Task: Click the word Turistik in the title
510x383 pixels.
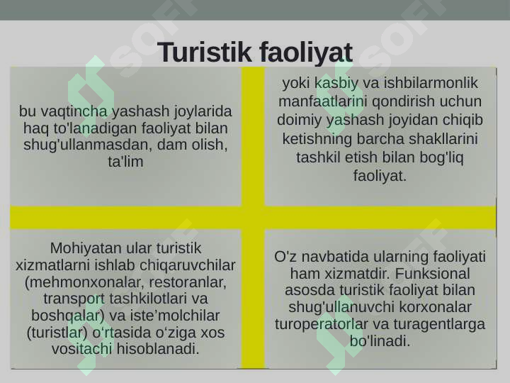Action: [205, 52]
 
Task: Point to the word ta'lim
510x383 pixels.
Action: [125, 162]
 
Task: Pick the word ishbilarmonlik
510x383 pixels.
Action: [431, 83]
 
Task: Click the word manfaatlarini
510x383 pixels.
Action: [322, 101]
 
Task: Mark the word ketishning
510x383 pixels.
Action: [317, 139]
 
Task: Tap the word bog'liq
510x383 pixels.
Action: [441, 157]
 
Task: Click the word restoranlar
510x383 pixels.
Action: [188, 282]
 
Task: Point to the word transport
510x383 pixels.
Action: [74, 299]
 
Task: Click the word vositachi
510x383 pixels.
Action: [82, 349]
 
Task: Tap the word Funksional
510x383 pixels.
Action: [433, 274]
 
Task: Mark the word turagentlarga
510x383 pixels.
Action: [439, 324]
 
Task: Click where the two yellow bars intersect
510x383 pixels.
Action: [254, 218]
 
